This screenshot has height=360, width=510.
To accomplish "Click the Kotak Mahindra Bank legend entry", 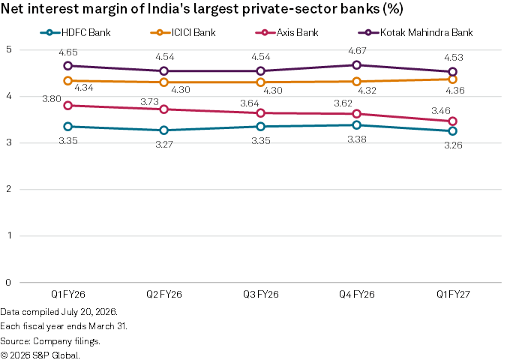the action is pyautogui.click(x=415, y=32).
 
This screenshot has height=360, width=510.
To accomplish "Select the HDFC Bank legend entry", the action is pyautogui.click(x=76, y=32).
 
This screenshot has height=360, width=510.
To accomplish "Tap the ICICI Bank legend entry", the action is pyautogui.click(x=183, y=32).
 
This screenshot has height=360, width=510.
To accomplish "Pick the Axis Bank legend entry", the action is pyautogui.click(x=286, y=32).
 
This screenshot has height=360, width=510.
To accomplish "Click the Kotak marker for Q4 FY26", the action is pyautogui.click(x=356, y=65).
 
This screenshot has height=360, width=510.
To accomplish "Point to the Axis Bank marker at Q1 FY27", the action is pyautogui.click(x=453, y=121).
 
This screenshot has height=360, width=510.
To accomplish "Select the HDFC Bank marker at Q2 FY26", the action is pyautogui.click(x=164, y=130).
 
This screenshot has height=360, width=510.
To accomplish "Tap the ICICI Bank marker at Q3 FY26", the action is pyautogui.click(x=260, y=82).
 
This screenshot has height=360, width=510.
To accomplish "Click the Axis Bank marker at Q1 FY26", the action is pyautogui.click(x=67, y=106).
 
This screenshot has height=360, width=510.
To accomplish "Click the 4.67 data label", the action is pyautogui.click(x=357, y=51).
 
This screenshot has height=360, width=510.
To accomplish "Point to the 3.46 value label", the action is pyautogui.click(x=441, y=111).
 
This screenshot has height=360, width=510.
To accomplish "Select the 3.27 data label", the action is pyautogui.click(x=164, y=145).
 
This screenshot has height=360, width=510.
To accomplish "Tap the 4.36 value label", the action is pyautogui.click(x=455, y=91).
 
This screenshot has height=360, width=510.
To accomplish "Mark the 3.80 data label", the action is pyautogui.click(x=52, y=99).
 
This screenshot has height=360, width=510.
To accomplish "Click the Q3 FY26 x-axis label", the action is pyautogui.click(x=261, y=294).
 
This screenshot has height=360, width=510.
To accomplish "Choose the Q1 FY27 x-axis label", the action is pyautogui.click(x=453, y=294).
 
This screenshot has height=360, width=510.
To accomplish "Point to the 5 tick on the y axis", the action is pyautogui.click(x=9, y=49).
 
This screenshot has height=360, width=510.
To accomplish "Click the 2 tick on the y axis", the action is pyautogui.click(x=9, y=189).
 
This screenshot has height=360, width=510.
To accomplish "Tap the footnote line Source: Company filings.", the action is pyautogui.click(x=50, y=341).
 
